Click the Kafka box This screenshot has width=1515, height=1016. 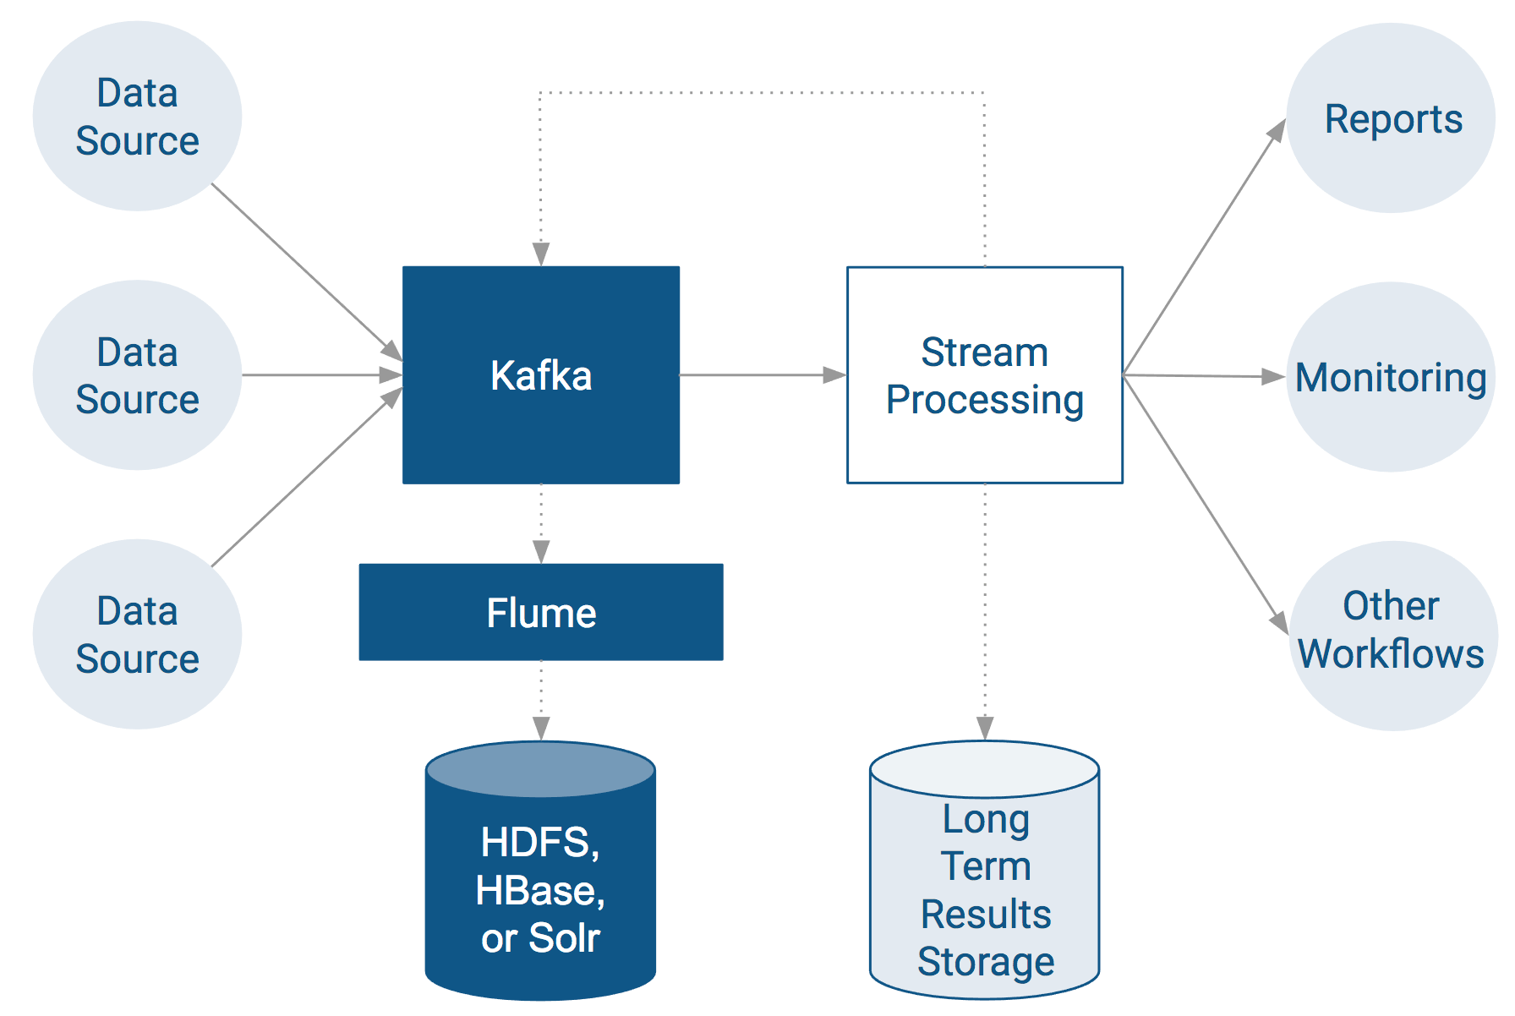click(541, 374)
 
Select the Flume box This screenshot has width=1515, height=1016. click(541, 612)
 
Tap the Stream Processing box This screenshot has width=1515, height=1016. click(984, 374)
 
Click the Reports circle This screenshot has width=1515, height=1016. click(1392, 118)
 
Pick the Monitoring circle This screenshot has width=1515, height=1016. click(1391, 377)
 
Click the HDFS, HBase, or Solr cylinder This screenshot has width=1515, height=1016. click(540, 888)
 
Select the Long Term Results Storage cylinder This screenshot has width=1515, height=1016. click(985, 888)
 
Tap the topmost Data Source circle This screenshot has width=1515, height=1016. click(137, 117)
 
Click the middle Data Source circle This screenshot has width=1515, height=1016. click(137, 375)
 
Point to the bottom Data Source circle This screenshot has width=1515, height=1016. click(137, 634)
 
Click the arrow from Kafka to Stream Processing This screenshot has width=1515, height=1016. click(761, 374)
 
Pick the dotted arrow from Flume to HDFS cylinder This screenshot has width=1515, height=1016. click(541, 698)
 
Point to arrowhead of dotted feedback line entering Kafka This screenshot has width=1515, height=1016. click(541, 254)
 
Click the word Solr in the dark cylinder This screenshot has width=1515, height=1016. click(564, 938)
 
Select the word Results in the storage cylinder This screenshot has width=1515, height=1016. click(986, 914)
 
